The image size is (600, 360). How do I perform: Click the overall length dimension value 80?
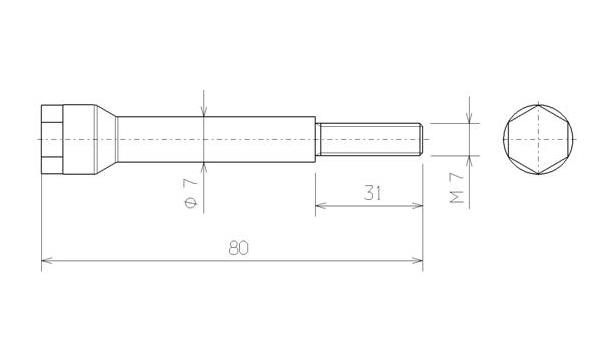pyautogui.click(x=238, y=248)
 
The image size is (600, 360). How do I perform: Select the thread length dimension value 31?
pyautogui.click(x=372, y=193)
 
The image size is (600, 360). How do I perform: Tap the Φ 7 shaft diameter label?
pyautogui.click(x=191, y=193)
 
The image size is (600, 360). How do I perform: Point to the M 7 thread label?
pyautogui.click(x=457, y=187)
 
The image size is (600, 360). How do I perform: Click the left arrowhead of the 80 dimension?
pyautogui.click(x=47, y=261)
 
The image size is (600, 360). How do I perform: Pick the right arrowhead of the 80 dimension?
pyautogui.click(x=417, y=261)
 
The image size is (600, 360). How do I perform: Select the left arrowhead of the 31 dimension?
pyautogui.click(x=321, y=206)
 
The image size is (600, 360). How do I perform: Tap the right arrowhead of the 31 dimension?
pyautogui.click(x=417, y=206)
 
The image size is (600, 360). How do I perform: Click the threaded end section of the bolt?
pyautogui.click(x=368, y=139)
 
